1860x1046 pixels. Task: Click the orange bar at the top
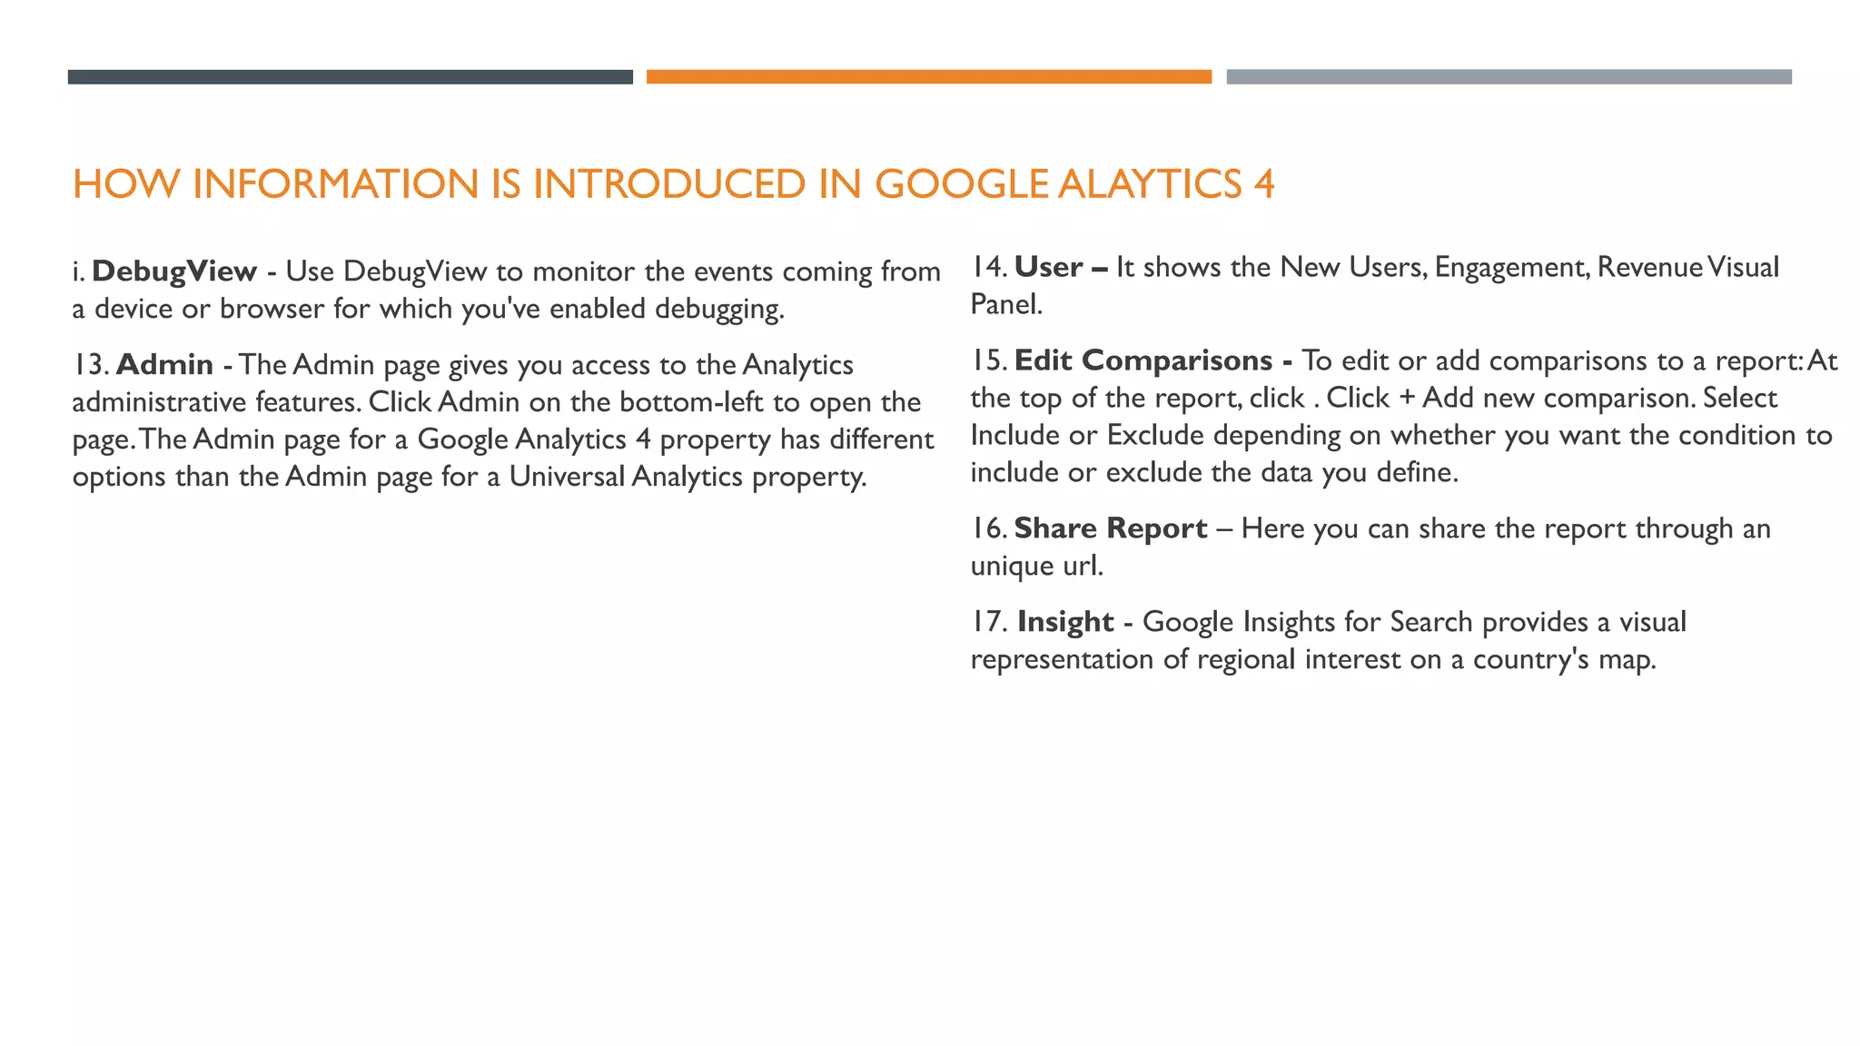pos(928,77)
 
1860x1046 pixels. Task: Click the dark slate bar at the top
pos(350,77)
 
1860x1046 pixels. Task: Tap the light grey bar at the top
pos(1509,77)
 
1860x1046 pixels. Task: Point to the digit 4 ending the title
pos(1264,184)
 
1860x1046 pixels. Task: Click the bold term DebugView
pos(174,271)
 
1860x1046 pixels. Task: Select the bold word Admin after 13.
pos(164,365)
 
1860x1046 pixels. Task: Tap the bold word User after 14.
pos(1048,268)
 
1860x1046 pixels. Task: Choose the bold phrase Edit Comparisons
pos(1143,360)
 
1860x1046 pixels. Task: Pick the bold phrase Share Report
pos(1110,528)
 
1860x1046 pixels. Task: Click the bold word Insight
pos(1064,622)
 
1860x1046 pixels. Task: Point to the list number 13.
pos(89,365)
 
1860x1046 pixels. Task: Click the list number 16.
pos(987,528)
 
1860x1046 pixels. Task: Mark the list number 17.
pos(987,622)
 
